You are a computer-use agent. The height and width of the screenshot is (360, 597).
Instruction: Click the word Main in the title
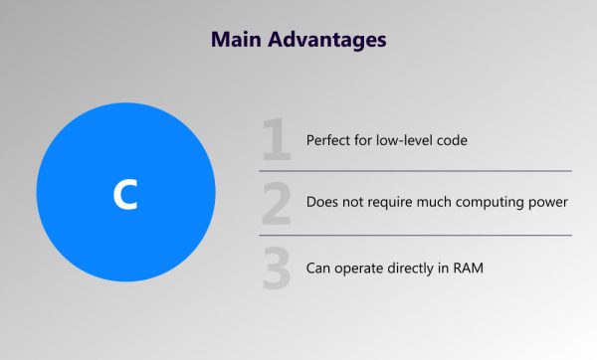click(x=235, y=42)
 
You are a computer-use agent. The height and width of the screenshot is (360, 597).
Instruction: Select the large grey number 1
click(x=278, y=140)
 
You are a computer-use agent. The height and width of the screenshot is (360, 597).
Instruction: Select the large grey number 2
click(x=278, y=203)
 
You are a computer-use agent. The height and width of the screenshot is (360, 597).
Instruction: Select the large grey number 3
click(x=278, y=269)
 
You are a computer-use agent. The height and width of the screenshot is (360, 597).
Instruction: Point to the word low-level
click(x=403, y=140)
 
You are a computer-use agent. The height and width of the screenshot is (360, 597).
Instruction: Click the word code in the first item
click(x=451, y=140)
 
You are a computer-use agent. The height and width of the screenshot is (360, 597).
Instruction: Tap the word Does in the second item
click(x=323, y=203)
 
